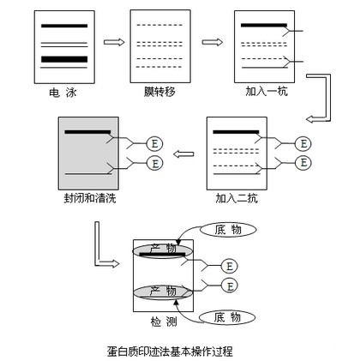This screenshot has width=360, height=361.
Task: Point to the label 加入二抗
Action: [237, 198]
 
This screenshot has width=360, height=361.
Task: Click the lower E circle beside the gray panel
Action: [155, 163]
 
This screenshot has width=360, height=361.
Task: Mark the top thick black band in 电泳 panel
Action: [63, 26]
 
